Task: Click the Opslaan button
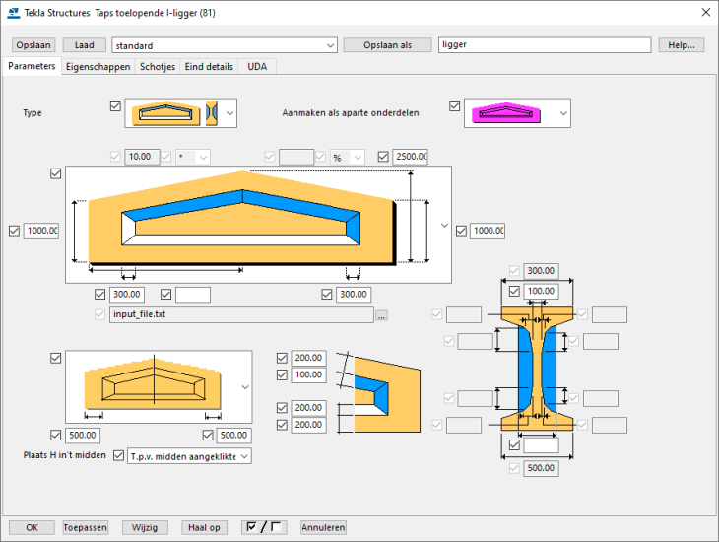(34, 45)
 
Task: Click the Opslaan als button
(387, 45)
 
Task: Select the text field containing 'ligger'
(544, 45)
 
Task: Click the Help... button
(682, 45)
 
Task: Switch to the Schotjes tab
(158, 66)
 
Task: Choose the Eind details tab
(210, 66)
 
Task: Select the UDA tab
(257, 66)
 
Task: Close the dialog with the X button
(704, 13)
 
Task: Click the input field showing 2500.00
(410, 157)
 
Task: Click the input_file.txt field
(240, 315)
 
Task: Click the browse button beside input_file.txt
(382, 315)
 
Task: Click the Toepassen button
(85, 527)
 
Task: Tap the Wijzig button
(145, 527)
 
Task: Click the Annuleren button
(324, 527)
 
